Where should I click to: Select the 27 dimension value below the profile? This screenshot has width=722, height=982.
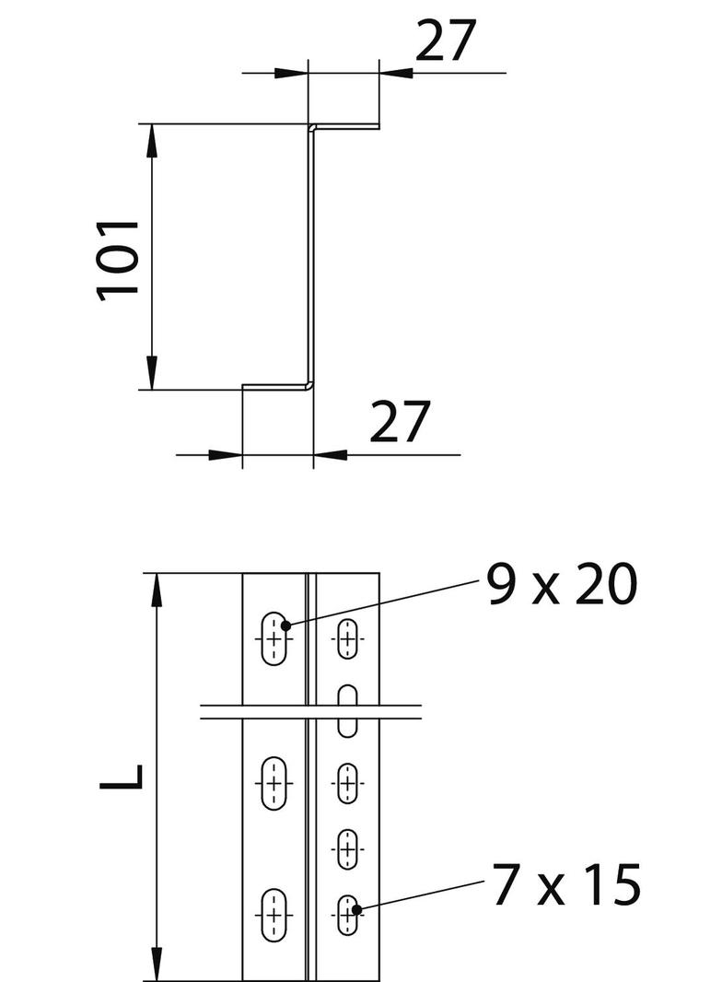point(401,422)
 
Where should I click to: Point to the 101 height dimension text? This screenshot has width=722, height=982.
point(119,258)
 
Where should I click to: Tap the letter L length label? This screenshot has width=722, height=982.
point(122,776)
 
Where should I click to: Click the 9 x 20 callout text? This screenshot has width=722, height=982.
point(562,585)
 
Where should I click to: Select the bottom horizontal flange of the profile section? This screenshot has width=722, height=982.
point(276,386)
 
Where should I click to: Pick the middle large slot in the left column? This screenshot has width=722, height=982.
point(274,783)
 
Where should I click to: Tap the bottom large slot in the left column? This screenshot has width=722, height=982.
point(274,916)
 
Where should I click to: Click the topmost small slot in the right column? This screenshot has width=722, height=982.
point(347,638)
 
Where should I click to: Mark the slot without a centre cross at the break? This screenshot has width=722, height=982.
point(347,710)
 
